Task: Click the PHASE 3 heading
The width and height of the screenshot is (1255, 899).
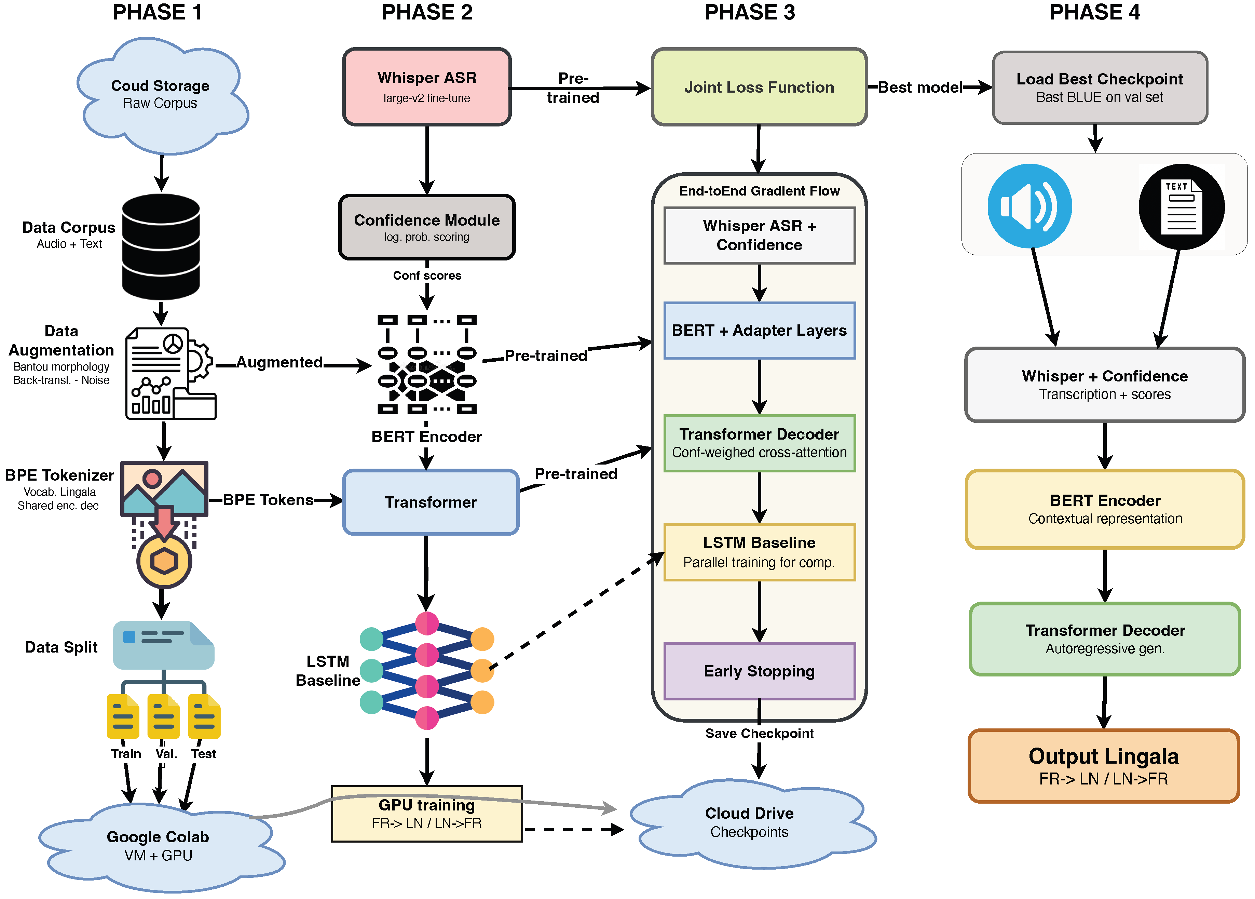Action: coord(749,12)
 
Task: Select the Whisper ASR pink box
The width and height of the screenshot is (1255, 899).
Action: coord(427,86)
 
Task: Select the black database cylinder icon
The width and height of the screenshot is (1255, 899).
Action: coord(161,246)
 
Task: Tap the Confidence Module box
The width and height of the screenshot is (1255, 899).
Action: coord(427,227)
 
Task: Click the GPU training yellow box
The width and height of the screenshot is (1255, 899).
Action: coord(427,813)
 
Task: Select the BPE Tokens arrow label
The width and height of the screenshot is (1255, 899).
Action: coord(268,500)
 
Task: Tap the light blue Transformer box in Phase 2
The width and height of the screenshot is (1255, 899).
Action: coord(431,502)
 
